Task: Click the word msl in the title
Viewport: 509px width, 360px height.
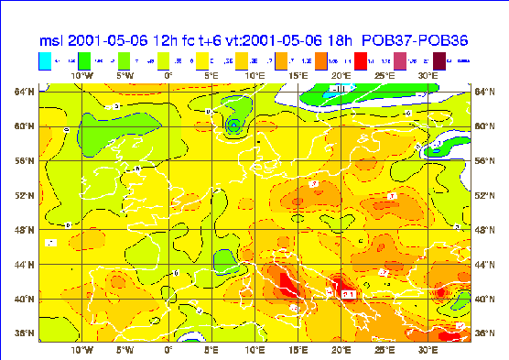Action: (x=53, y=41)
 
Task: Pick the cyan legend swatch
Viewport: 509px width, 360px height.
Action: (x=45, y=61)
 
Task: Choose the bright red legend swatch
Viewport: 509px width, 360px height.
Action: (x=362, y=61)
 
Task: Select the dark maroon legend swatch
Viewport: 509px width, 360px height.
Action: (x=440, y=61)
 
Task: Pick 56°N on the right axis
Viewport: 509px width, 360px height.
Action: (x=485, y=160)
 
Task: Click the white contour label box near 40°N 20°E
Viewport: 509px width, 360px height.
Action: (x=349, y=294)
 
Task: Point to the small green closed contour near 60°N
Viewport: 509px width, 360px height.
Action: (x=234, y=125)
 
